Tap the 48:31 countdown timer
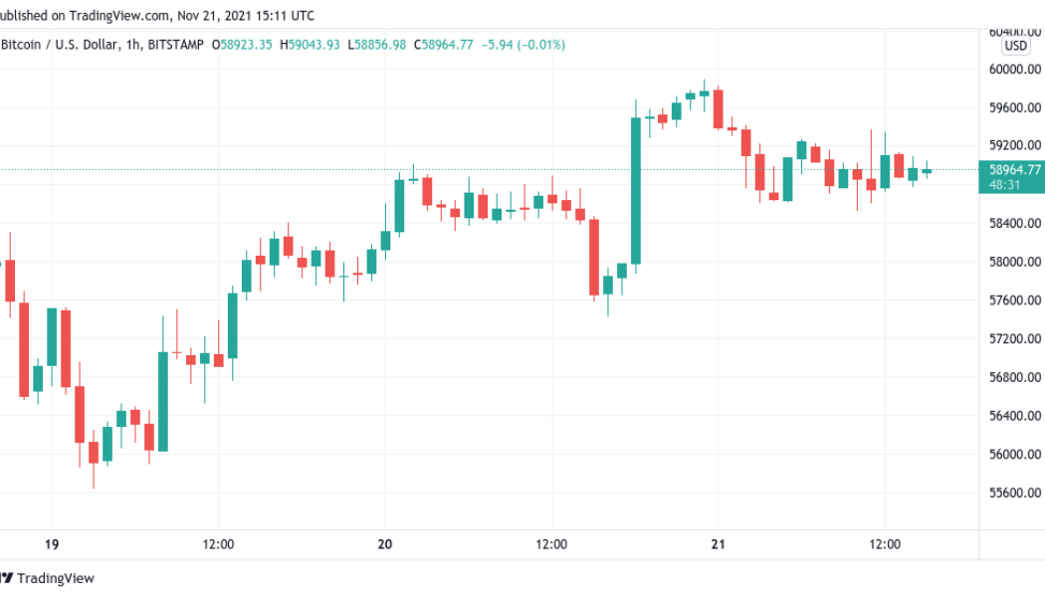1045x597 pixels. tap(1003, 184)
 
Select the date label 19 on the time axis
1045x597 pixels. tap(52, 544)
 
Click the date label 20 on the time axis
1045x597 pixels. tap(386, 544)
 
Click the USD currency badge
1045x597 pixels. tap(1015, 46)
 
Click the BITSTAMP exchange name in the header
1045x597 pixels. tap(176, 45)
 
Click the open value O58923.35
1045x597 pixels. tap(244, 45)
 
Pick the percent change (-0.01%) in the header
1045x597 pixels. tap(538, 45)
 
